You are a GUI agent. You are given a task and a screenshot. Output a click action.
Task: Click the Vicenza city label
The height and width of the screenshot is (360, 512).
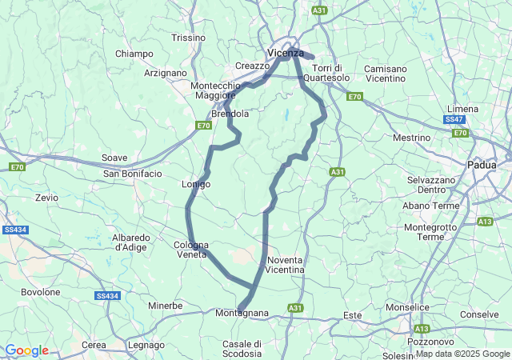tap(286, 53)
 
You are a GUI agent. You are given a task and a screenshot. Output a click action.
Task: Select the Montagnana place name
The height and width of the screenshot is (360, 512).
tap(242, 313)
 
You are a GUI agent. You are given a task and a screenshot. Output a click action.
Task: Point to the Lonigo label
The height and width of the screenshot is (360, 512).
tap(196, 184)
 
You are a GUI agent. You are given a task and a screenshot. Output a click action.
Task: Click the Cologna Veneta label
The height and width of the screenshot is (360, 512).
tap(192, 250)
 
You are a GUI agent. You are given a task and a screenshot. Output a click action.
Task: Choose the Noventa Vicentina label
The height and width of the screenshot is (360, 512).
tap(286, 266)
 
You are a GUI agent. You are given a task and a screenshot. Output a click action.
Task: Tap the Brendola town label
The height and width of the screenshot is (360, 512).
tap(230, 114)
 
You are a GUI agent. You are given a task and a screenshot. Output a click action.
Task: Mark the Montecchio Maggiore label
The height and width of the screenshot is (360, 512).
tap(215, 90)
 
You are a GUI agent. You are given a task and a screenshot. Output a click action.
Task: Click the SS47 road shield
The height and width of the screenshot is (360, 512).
tap(454, 119)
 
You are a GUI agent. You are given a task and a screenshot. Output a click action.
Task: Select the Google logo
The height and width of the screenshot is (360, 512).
tap(26, 350)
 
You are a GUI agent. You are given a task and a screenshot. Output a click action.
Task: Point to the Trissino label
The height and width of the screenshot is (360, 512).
tap(189, 38)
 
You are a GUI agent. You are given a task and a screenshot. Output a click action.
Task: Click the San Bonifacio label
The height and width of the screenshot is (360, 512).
tap(132, 173)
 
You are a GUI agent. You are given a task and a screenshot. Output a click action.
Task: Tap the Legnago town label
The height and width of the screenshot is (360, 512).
tap(146, 345)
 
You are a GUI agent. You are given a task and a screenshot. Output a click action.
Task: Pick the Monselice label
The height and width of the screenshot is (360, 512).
tap(431, 307)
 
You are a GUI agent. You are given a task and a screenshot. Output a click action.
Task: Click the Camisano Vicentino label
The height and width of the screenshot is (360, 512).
tap(386, 74)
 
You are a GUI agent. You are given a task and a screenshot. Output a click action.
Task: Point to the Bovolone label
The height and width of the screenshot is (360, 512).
tap(40, 292)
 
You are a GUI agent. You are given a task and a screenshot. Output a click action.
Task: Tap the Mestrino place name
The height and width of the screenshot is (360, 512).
tap(412, 138)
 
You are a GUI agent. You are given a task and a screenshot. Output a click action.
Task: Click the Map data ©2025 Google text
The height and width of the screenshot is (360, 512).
tap(462, 354)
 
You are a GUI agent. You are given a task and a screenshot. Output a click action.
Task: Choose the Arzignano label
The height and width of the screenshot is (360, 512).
tap(165, 73)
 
